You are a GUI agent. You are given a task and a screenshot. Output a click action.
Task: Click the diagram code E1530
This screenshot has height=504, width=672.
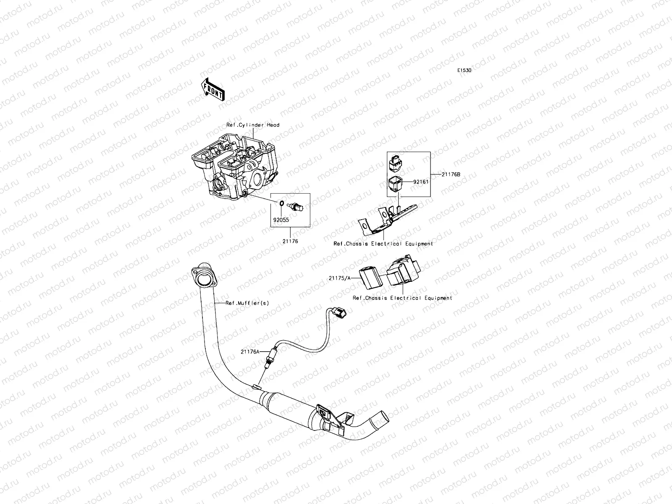point(464,71)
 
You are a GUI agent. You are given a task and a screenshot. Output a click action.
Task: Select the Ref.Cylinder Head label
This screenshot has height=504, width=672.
point(253,125)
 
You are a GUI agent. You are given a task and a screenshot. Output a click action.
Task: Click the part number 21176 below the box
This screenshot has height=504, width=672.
point(290,241)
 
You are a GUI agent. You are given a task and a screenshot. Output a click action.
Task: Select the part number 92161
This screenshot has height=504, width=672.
point(420,182)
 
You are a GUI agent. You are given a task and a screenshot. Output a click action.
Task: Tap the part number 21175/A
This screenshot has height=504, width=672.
point(339,278)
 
